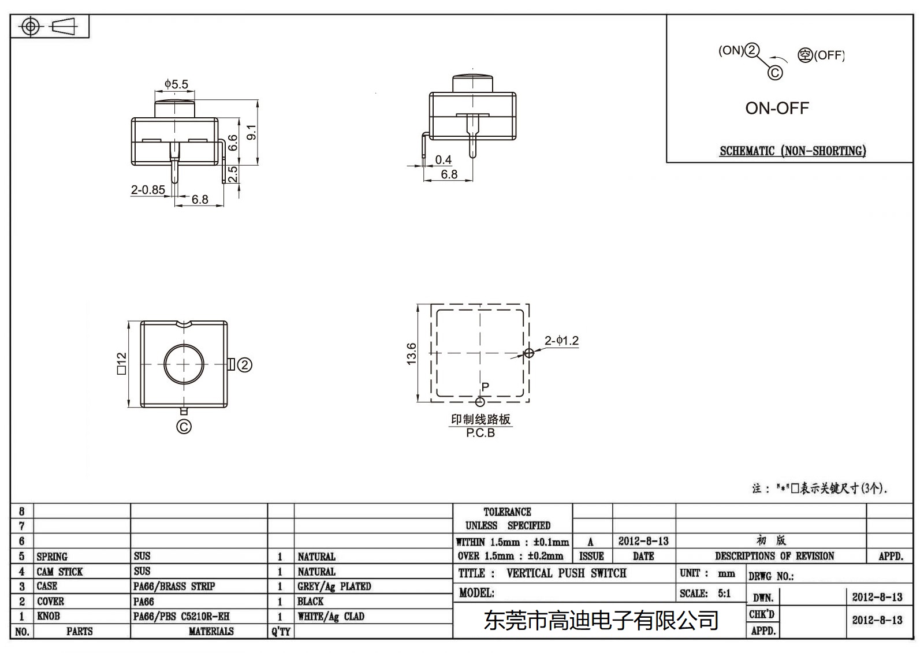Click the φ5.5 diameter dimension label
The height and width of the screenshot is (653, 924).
176,84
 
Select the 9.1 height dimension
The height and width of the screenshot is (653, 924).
251,132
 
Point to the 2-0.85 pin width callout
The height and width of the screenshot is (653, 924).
148,189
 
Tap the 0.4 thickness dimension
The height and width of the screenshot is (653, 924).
443,160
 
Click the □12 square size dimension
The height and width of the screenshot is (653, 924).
121,364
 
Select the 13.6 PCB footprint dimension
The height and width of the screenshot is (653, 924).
411,353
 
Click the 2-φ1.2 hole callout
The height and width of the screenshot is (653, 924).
561,341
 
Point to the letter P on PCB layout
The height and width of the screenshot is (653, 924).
485,387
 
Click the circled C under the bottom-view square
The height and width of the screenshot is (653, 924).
184,427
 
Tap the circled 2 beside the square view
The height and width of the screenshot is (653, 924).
245,365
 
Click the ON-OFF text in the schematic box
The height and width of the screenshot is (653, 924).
777,108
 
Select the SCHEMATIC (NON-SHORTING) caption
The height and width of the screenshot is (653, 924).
792,151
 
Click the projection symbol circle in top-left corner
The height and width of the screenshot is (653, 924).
30,27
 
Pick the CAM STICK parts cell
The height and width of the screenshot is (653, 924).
59,572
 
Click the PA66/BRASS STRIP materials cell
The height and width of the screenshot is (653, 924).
174,586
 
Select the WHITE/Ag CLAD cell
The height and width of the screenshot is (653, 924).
331,616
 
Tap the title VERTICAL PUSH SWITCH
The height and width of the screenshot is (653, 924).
566,573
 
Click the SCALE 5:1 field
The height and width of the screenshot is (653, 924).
705,593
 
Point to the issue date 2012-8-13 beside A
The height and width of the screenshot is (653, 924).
643,541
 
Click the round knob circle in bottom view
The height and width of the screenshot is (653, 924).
184,364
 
